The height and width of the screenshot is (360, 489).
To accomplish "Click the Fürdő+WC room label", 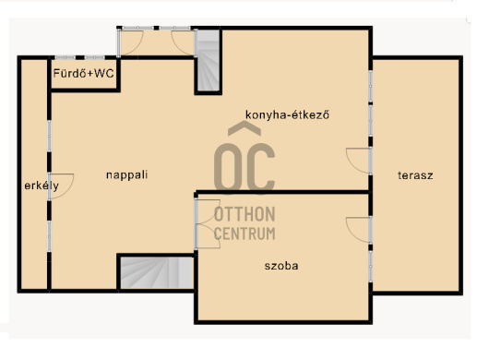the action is (x=83, y=74).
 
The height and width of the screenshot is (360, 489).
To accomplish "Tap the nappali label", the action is (x=126, y=175).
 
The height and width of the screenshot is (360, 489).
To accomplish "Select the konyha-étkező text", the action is (x=287, y=114).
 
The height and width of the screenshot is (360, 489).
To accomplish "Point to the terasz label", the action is (x=415, y=175).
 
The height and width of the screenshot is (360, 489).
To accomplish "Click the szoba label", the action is (x=281, y=266).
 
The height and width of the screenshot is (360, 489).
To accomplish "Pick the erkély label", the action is (x=42, y=186).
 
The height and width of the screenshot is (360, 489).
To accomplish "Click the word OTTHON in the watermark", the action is (x=244, y=214).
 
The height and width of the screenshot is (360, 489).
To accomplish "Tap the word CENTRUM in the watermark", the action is (x=244, y=234).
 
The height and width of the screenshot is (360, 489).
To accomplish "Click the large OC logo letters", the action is (x=244, y=167).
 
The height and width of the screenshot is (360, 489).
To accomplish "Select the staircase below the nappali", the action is (x=157, y=272).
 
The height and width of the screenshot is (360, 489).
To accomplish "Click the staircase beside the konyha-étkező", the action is (x=208, y=61).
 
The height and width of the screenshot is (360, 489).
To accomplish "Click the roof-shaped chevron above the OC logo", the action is (x=244, y=128).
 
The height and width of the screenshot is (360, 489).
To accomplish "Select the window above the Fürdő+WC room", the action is (x=80, y=58).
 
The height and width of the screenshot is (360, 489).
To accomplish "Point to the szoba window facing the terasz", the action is (x=371, y=267).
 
